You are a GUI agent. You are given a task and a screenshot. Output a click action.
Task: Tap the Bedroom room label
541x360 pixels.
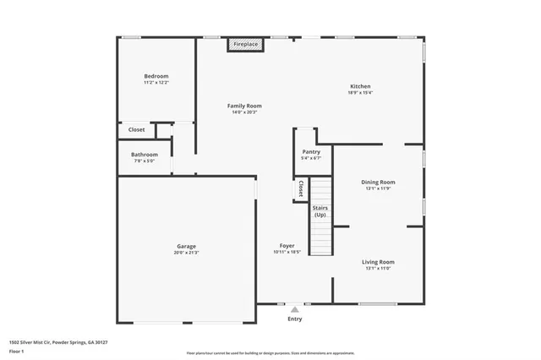pos(156,76)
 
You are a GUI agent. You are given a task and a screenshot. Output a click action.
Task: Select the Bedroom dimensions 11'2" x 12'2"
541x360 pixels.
pos(156,83)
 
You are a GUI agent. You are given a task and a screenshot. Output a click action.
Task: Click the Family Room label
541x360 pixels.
pos(244,106)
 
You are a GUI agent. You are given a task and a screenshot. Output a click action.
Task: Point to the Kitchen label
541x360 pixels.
pos(361,86)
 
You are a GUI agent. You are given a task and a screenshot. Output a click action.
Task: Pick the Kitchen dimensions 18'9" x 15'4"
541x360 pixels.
pos(361,93)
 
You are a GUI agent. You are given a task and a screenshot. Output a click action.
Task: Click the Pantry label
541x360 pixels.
pos(311,151)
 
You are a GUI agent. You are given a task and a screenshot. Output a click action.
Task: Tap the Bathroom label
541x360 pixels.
pos(145,155)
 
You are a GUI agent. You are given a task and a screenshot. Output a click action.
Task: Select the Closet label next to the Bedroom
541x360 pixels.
pos(136,129)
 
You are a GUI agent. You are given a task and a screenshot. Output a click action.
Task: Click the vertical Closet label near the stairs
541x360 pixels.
pos(301,188)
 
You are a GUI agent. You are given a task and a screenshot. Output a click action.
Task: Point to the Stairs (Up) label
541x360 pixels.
pos(320,211)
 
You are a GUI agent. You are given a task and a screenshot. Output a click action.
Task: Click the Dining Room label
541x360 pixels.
pos(378,182)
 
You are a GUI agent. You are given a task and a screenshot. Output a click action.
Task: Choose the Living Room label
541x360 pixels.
pos(380,262)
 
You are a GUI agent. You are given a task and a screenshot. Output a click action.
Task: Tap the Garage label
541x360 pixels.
pos(186,246)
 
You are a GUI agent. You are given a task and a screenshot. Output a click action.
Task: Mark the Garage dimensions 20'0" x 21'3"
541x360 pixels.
pos(186,253)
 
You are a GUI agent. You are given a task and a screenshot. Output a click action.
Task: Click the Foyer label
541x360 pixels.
pos(287,246)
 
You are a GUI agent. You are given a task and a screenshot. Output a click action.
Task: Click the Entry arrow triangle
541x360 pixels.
pos(294,310)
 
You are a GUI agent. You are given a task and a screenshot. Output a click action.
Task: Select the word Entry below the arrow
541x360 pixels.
pos(294,319)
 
